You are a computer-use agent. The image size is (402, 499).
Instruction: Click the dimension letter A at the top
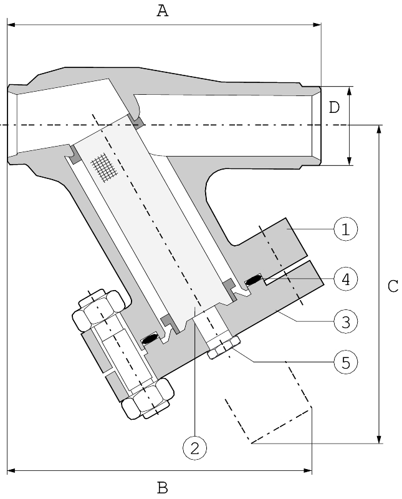pos(163,11)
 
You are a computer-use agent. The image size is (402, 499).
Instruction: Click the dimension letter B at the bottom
pos(163,487)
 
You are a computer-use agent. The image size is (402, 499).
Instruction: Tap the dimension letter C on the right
pos(393,286)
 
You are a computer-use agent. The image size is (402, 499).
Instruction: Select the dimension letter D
pos(334,107)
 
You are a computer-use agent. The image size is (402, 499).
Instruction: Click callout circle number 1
pos(346,229)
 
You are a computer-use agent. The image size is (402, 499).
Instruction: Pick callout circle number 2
pos(194,448)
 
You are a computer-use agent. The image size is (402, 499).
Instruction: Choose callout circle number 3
pos(346,321)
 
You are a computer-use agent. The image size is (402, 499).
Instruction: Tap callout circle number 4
pos(346,279)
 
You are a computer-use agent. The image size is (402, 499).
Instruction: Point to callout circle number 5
pos(346,362)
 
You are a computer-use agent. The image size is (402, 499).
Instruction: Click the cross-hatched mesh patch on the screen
pos(104,167)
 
